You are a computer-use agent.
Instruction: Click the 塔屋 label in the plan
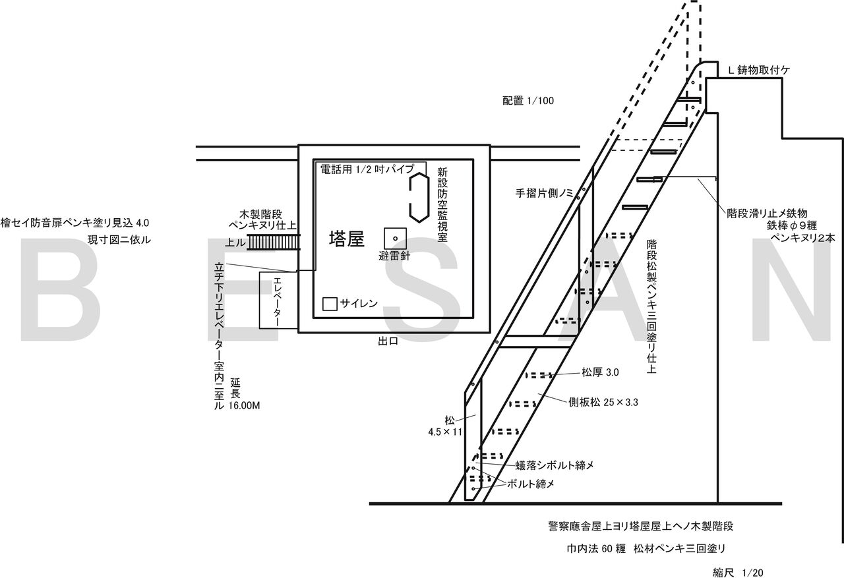point(347,240)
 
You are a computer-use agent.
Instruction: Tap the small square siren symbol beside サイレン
point(330,304)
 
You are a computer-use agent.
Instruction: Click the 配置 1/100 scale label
point(527,101)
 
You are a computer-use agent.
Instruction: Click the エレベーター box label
point(278,301)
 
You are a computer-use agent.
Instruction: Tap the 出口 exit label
point(388,341)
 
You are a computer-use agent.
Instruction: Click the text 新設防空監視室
point(442,205)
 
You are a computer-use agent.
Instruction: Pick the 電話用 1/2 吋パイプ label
point(367,169)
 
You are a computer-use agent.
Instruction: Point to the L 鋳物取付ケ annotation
point(758,69)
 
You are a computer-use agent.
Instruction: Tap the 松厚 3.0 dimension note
point(599,372)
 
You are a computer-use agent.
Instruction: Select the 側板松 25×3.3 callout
point(604,401)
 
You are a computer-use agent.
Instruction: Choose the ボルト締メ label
point(530,483)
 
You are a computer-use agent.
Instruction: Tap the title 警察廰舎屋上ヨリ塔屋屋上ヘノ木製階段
point(640,527)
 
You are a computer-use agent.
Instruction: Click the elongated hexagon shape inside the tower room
point(418,196)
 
